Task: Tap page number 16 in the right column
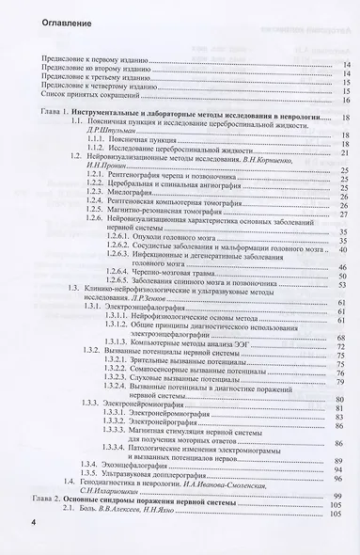347,99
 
